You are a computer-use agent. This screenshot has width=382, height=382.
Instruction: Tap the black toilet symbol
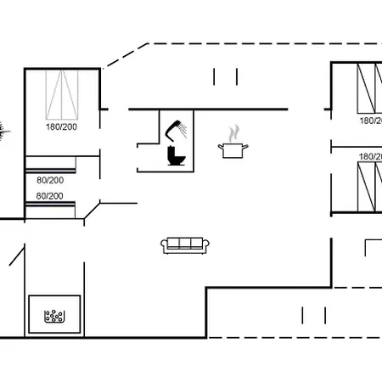tap(176, 155)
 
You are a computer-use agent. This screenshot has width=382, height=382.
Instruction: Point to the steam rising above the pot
tap(233, 133)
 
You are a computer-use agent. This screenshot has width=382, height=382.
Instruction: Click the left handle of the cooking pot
tap(221, 147)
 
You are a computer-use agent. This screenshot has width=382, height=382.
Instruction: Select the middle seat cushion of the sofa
tap(185, 244)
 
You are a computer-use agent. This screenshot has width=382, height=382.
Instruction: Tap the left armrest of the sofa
tap(164, 246)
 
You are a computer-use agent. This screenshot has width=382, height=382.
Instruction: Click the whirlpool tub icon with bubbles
tap(54, 316)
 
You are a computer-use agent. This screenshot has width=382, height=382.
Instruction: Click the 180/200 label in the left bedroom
tap(61, 126)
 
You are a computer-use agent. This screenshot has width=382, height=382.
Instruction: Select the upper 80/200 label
tap(50, 180)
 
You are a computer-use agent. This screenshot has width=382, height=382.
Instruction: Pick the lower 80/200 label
tap(49, 196)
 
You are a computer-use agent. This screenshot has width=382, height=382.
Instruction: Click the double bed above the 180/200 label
tap(62, 95)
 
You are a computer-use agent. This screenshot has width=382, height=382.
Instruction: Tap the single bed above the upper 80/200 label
tap(51, 164)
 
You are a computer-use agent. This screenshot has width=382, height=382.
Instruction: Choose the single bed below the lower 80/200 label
tap(50, 210)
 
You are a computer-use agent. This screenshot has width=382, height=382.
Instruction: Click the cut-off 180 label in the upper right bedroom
tap(371, 121)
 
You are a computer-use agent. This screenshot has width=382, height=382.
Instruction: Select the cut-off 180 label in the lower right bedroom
tap(370, 156)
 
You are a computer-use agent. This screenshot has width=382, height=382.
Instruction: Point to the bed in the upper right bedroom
tap(369, 88)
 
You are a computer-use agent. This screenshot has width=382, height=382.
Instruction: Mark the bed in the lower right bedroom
tap(369, 187)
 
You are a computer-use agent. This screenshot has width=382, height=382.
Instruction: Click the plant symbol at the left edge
tap(3, 132)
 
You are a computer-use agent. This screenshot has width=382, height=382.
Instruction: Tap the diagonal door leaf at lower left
tap(17, 256)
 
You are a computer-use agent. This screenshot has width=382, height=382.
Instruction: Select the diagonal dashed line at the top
tap(126, 56)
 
